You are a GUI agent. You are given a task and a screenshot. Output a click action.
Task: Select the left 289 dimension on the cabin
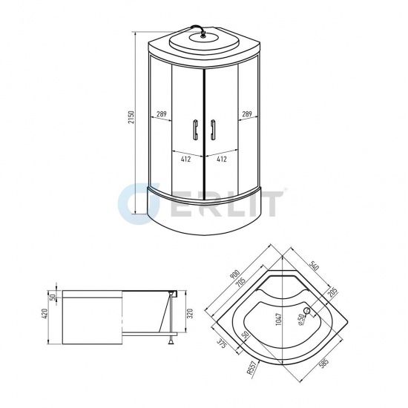click(x=160, y=115)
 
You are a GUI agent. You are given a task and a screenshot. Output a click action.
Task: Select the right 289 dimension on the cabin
click(x=246, y=115)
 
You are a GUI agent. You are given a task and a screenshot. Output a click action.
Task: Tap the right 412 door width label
click(x=220, y=158)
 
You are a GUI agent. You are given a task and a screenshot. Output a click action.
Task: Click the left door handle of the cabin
click(x=194, y=130)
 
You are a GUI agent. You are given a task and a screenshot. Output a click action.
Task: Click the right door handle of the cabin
click(x=213, y=130)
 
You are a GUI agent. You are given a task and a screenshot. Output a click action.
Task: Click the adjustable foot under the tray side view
click(x=171, y=341)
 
